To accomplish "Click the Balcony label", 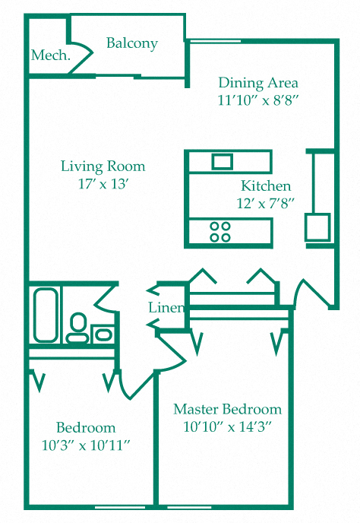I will point(131,43).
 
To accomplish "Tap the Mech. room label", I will point(51,55).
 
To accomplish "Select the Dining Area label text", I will point(257,83).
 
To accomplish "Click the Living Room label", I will point(103,166).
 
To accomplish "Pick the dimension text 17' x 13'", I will point(103,183).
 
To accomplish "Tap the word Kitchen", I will point(266,185).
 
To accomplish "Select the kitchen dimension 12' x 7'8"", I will point(265,203).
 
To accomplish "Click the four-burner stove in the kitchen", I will point(220,231).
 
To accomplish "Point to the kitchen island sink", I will point(222,161).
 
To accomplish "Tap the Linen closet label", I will point(166,308).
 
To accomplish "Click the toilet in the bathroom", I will point(77,328).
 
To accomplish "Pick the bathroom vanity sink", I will point(103,333).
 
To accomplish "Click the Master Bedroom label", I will point(227,409).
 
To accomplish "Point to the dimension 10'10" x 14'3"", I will point(227,426).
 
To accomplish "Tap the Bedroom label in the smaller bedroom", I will point(86,427).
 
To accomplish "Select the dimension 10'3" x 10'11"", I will point(86,444).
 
